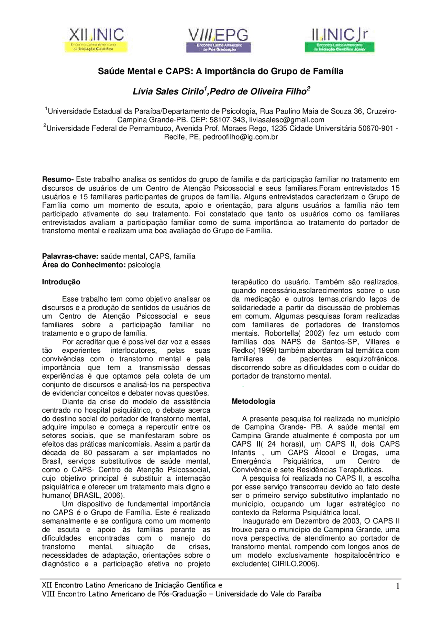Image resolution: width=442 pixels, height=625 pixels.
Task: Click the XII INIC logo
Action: click(96, 40)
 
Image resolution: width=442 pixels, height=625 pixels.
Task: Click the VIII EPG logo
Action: click(219, 40)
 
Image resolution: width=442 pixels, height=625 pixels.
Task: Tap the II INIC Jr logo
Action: click(339, 40)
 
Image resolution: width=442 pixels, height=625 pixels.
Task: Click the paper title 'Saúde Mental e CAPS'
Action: click(220, 71)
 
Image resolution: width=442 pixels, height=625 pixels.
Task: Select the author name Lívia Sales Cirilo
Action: click(169, 91)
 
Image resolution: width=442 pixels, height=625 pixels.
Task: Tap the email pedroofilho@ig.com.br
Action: click(240, 137)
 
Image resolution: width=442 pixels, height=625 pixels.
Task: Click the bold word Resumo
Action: click(57, 179)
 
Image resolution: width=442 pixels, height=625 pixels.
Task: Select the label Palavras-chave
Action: click(70, 256)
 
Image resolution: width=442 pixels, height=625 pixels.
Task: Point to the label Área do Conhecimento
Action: click(84, 265)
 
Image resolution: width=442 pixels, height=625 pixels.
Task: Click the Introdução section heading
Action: click(61, 282)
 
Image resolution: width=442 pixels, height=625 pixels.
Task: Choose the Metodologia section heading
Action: click(253, 401)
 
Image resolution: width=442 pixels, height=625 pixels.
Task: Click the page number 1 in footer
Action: click(397, 586)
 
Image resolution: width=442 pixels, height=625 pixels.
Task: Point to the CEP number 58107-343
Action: click(228, 120)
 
